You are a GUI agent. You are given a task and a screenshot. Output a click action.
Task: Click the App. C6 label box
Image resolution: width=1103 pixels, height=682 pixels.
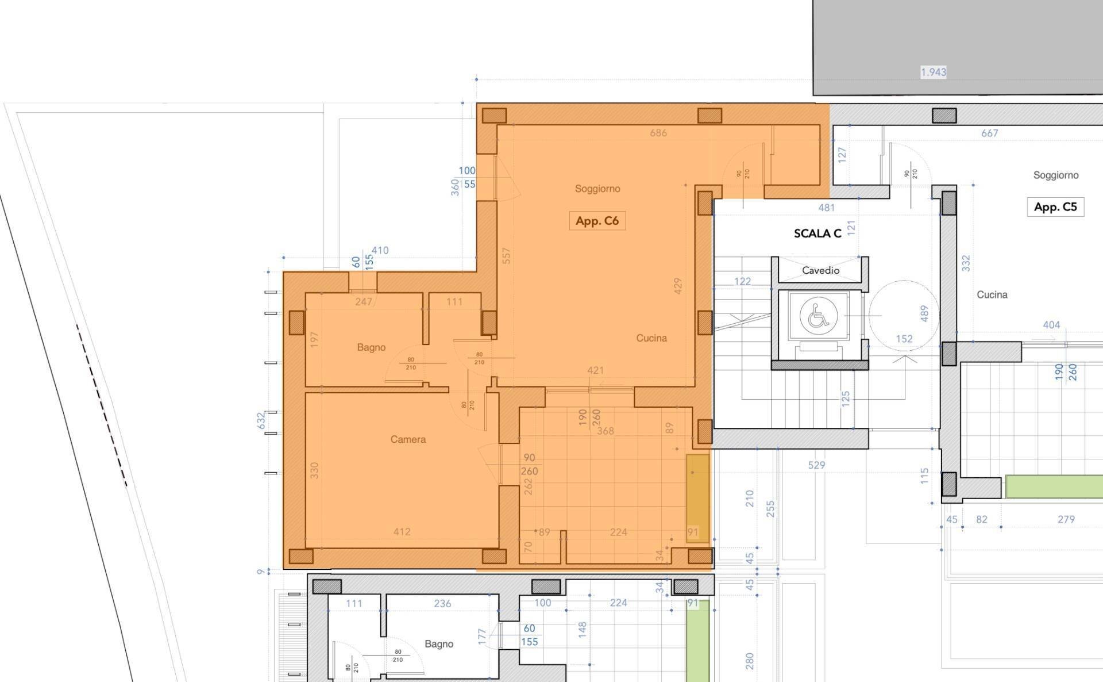pos(597,221)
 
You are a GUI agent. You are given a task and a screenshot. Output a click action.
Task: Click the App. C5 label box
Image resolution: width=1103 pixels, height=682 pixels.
pos(1055,207)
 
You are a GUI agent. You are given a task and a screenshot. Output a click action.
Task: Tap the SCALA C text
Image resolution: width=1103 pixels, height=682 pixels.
pos(817,233)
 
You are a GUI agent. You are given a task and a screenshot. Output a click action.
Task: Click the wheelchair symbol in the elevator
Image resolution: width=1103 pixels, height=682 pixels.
pos(818,315)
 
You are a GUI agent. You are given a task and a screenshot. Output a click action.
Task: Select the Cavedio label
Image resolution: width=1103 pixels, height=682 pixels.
pos(820,270)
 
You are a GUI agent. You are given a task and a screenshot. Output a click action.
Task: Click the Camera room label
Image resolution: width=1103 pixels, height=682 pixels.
pos(408,439)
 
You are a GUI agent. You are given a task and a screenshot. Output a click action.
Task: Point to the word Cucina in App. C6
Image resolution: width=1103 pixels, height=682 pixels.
pos(651,338)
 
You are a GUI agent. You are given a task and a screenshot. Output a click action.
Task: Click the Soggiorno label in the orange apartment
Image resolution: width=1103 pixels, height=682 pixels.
pos(597,189)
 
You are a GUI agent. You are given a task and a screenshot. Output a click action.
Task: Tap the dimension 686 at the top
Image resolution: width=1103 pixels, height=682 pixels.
pos(658,133)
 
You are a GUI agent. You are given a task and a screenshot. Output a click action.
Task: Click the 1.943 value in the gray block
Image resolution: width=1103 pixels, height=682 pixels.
pos(933,72)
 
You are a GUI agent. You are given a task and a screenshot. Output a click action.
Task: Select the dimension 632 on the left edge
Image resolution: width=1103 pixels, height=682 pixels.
pos(261,420)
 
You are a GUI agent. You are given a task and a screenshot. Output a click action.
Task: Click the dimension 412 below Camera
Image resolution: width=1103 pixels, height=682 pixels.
pos(402,532)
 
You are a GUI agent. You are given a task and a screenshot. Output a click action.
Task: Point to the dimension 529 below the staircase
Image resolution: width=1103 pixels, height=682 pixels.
pos(816,465)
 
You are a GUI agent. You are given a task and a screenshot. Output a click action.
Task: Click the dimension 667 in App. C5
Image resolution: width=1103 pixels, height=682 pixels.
pos(989,133)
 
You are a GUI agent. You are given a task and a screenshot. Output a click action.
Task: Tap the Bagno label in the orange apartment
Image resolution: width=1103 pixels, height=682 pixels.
pos(371,347)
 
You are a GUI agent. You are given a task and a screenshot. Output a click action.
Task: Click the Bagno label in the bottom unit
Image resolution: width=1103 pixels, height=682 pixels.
pos(439,644)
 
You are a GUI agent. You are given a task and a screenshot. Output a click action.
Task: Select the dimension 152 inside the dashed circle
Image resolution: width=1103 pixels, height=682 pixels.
pos(904,339)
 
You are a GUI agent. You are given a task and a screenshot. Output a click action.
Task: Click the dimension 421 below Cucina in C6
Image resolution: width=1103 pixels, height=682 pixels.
pos(595,370)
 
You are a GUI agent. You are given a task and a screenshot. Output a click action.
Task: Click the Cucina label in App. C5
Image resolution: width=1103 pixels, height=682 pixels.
pos(992,294)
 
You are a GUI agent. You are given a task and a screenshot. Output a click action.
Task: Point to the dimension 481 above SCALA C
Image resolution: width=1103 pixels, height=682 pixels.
pos(826,208)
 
